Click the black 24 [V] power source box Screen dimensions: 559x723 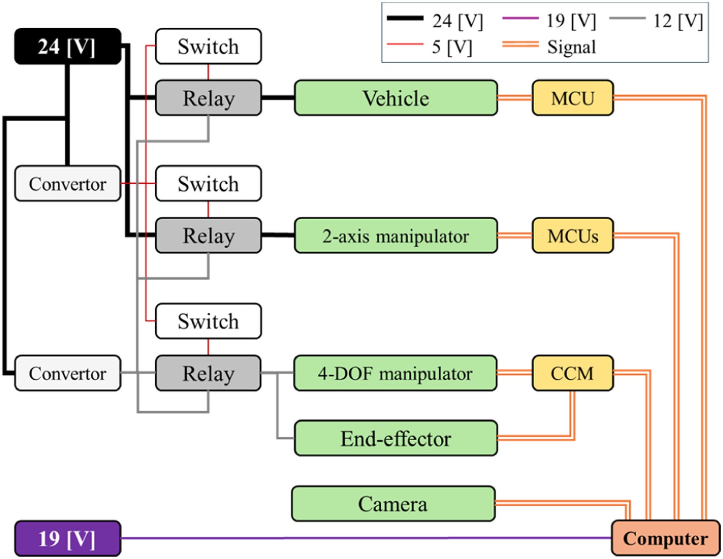coord(68,46)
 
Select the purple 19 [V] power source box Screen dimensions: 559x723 coord(68,539)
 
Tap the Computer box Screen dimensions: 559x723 coord(665,539)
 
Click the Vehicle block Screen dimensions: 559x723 coord(396,98)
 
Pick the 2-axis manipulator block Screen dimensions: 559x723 coord(396,236)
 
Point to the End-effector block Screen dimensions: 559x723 coord(396,438)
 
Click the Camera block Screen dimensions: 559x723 coord(393,504)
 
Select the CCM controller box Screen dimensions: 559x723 coord(573,373)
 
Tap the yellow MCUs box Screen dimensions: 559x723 coord(573,236)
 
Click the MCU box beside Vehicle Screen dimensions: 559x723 coord(573,98)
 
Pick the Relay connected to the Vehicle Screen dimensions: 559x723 coord(208,98)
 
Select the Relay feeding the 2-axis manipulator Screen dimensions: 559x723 coord(208,236)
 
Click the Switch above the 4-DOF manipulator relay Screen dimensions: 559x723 coord(208,321)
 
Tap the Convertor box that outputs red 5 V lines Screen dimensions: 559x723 coord(68,184)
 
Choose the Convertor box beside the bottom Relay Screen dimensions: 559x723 coord(68,373)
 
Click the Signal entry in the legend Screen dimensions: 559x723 coord(571,47)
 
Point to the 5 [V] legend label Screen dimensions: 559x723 coord(451,47)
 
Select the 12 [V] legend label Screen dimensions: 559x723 coord(678,20)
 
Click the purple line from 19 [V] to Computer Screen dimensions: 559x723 coord(364,538)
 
